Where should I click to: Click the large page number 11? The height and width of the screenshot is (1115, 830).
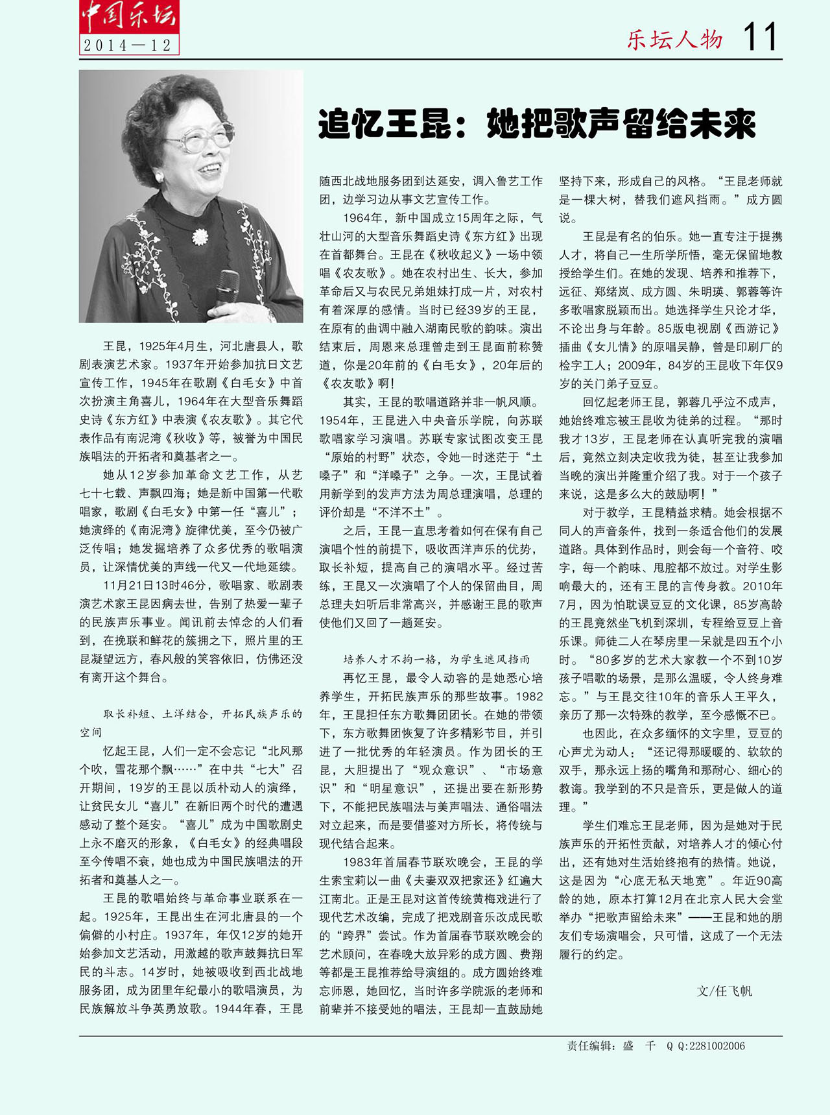[x=759, y=37]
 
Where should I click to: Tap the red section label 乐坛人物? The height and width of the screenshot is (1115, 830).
[x=674, y=40]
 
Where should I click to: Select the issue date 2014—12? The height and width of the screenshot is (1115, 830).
[x=128, y=45]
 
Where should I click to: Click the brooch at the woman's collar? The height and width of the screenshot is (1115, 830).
[x=200, y=237]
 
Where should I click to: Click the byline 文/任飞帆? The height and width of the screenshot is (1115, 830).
[x=724, y=991]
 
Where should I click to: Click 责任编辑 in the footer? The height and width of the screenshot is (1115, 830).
[x=588, y=1046]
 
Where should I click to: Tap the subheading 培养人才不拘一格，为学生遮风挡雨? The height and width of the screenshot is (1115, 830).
[x=436, y=660]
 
